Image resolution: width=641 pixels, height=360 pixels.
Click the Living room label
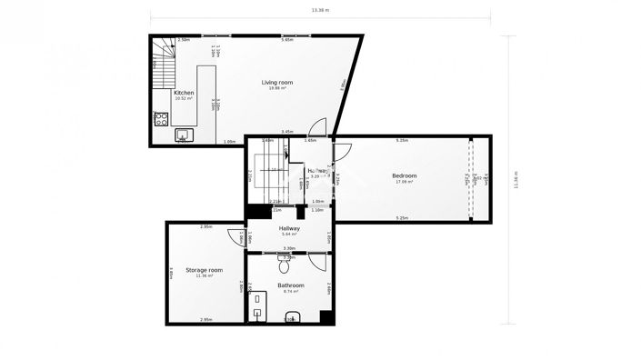(x=274, y=83)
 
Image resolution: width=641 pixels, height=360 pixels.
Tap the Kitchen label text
(x=184, y=93)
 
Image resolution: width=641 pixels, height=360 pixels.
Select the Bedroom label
(x=405, y=175)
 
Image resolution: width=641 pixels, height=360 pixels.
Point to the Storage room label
(x=205, y=270)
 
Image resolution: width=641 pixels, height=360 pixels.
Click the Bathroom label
(x=292, y=285)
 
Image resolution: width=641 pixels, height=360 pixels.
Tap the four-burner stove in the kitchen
(x=162, y=117)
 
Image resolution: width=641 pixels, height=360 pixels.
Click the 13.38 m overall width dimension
(x=319, y=11)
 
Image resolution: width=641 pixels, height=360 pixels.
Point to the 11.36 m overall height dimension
(x=516, y=180)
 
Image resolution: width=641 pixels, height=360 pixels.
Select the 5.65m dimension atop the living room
(x=287, y=40)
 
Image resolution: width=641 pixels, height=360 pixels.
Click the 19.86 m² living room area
(x=277, y=88)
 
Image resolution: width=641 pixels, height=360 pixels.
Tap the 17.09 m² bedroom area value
(x=405, y=182)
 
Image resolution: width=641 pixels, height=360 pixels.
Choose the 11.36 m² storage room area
(x=205, y=275)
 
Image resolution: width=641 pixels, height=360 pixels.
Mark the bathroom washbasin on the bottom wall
(x=291, y=318)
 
